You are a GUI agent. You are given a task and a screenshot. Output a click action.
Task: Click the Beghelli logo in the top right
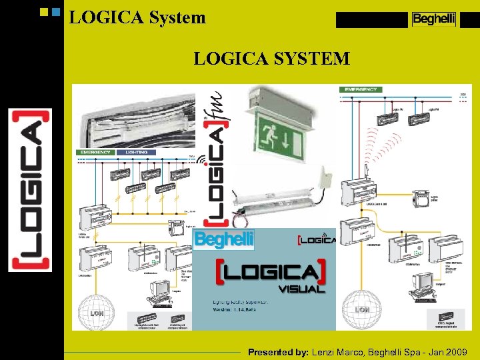[433, 19]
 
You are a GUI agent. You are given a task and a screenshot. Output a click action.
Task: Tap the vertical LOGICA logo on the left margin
[29, 190]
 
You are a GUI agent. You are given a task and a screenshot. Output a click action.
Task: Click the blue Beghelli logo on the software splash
[224, 239]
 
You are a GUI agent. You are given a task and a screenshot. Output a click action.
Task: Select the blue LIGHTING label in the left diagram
[137, 152]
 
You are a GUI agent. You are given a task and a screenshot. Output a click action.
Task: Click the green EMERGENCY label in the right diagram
[361, 89]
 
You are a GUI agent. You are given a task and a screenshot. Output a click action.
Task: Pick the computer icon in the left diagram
[160, 292]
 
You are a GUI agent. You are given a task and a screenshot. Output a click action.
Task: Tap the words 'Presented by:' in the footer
[278, 351]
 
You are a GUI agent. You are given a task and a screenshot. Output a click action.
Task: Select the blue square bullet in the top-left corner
[56, 12]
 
